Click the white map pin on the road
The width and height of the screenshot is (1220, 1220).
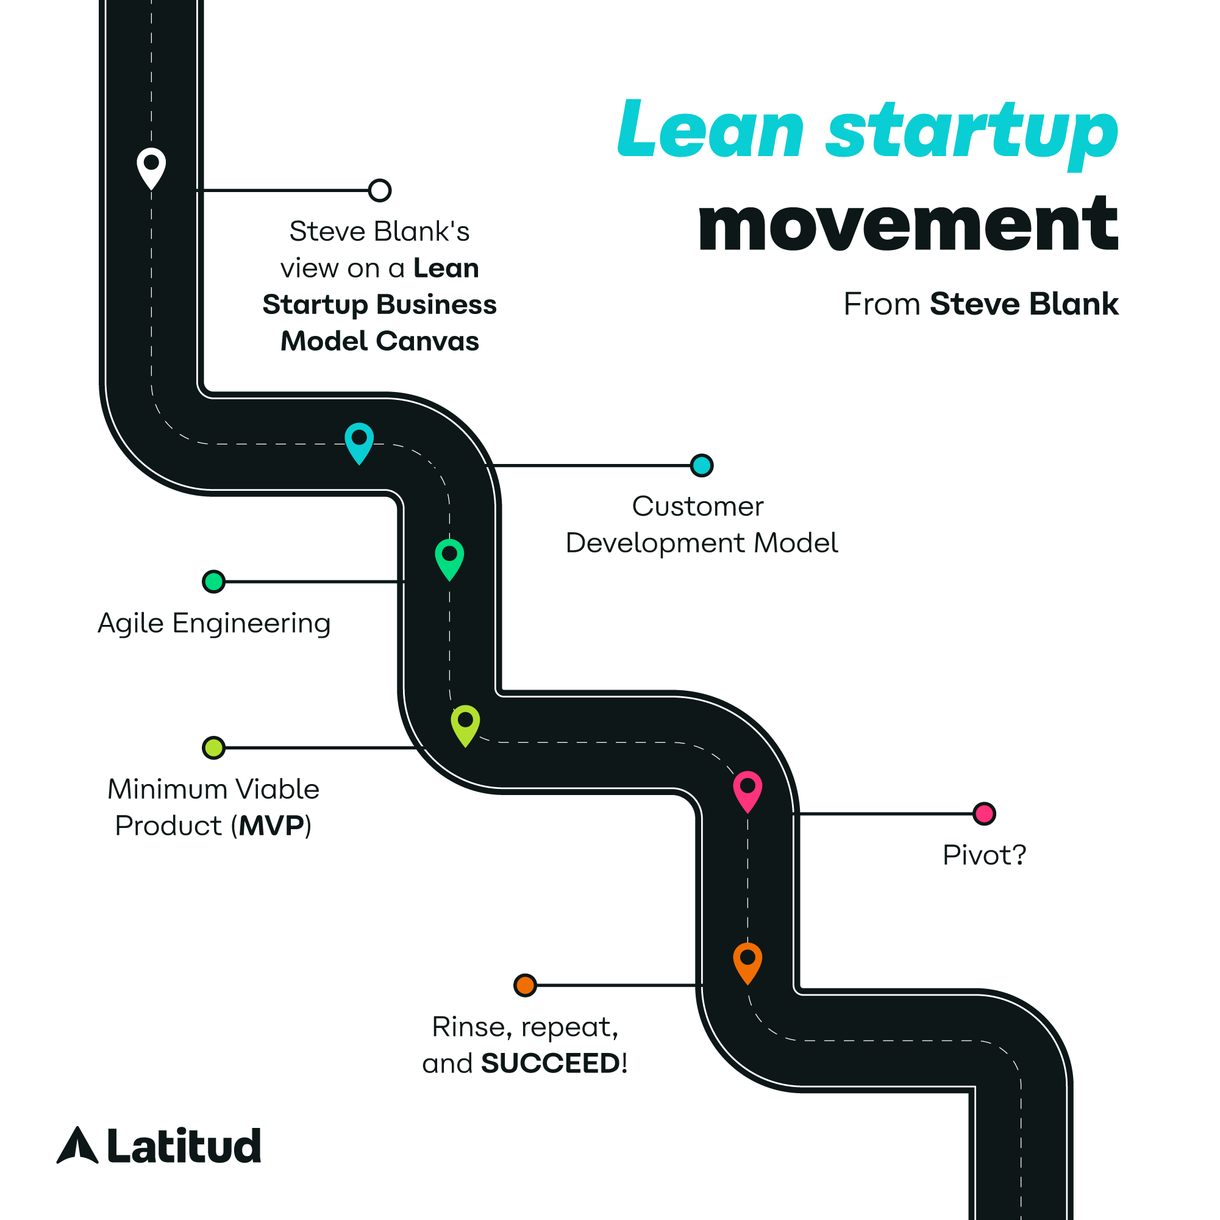(x=152, y=166)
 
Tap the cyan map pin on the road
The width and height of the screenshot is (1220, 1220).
(x=359, y=441)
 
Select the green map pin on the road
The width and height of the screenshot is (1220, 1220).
(x=449, y=557)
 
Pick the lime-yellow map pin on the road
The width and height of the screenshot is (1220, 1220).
(x=465, y=723)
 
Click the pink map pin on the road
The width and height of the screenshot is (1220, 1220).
(x=747, y=790)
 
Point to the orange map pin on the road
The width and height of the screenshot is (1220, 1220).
(x=747, y=961)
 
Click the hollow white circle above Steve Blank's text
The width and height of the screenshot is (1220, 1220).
(x=379, y=190)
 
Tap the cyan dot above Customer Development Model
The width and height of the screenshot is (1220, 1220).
(x=702, y=465)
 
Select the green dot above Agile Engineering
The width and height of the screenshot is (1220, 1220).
(x=213, y=582)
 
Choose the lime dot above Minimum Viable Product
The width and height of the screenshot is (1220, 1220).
(x=213, y=747)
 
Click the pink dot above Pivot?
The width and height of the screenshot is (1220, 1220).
(x=984, y=814)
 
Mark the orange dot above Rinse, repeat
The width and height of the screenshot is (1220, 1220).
(x=525, y=985)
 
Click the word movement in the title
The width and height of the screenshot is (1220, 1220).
(x=907, y=224)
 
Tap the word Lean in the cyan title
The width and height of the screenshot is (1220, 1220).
(x=710, y=130)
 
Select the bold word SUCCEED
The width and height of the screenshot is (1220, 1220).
(x=551, y=1063)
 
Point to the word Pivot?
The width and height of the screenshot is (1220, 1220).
(x=984, y=855)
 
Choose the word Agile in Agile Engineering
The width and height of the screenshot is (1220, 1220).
(x=130, y=624)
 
